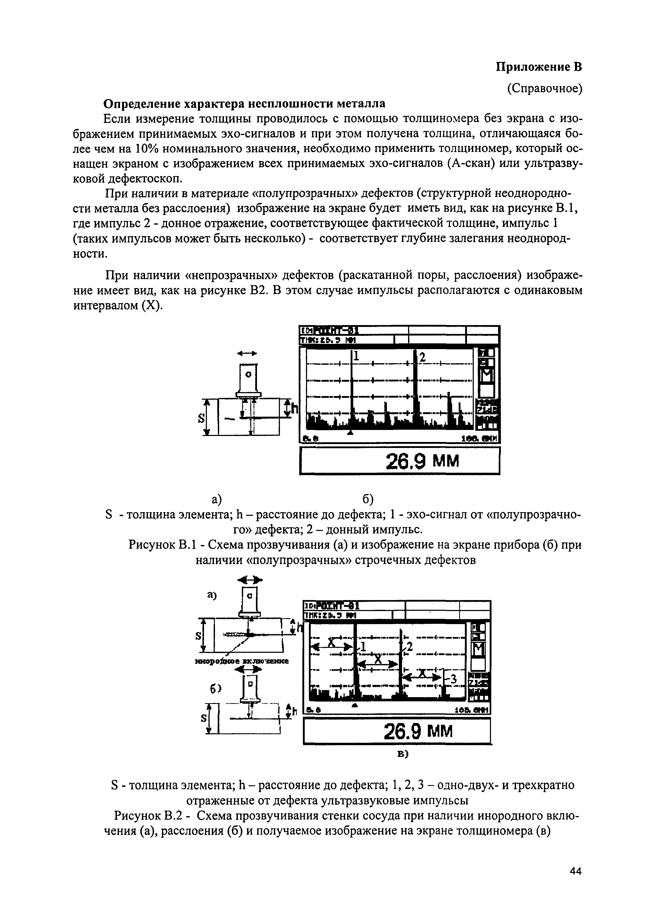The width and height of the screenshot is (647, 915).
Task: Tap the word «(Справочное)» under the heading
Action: click(545, 88)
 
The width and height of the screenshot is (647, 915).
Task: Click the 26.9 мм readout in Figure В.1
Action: click(422, 461)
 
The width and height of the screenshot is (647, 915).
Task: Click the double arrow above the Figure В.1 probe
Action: click(247, 353)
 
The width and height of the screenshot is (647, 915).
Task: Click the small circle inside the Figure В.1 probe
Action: click(249, 375)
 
